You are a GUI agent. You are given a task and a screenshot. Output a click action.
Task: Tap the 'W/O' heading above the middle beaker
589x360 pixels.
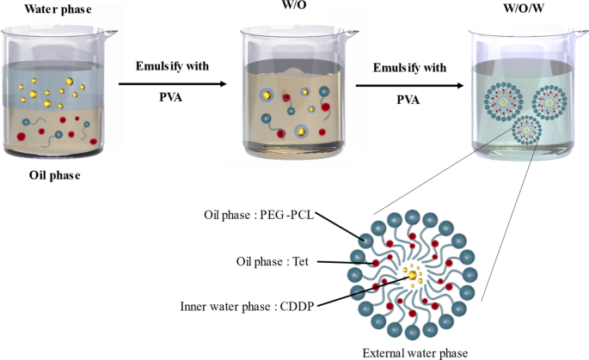[x=292, y=9]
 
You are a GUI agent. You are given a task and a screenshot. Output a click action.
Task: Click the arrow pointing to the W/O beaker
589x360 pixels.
[x=172, y=84]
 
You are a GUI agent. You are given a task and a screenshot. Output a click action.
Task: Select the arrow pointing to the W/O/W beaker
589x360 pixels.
[x=409, y=84]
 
